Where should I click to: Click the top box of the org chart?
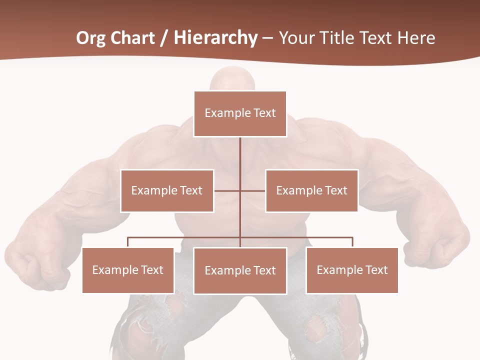point(240,113)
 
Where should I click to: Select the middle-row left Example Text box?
point(167,190)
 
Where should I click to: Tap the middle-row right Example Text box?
point(311,190)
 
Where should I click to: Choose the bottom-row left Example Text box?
point(128,270)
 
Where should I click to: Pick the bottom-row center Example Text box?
point(240,270)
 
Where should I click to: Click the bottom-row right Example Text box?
point(352,270)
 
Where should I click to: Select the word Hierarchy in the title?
point(215,38)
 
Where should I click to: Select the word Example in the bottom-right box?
point(339,270)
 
